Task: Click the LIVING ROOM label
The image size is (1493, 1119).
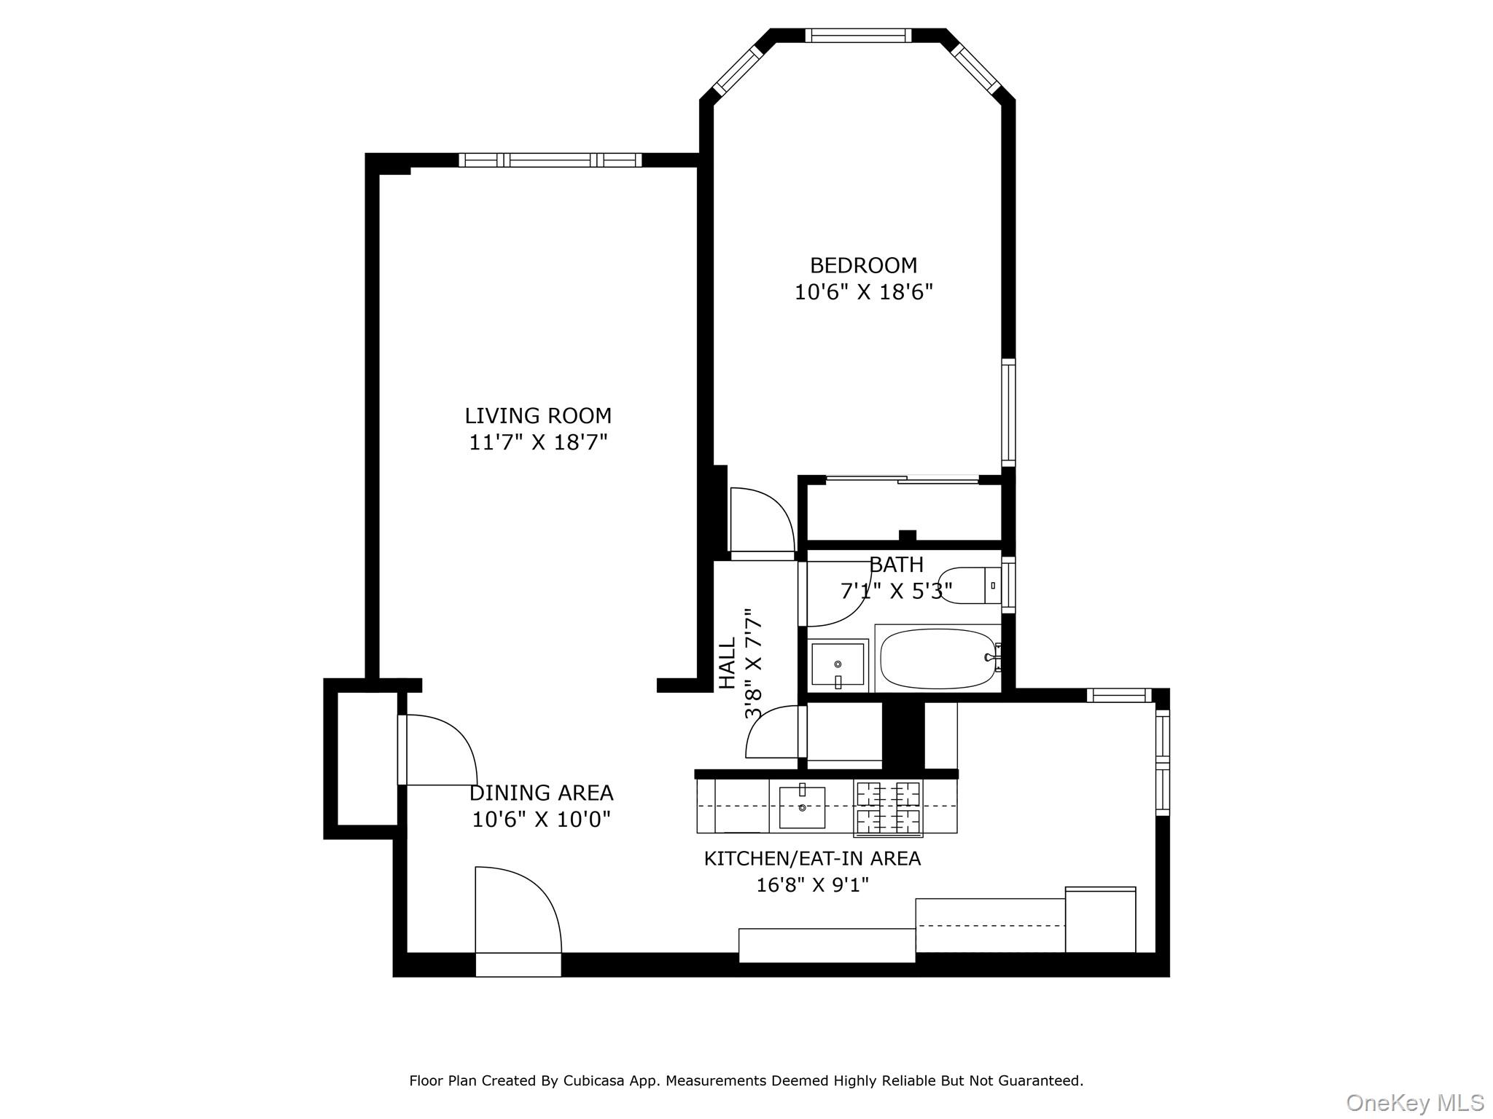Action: (538, 416)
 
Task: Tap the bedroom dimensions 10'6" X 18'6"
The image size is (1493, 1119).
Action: (863, 292)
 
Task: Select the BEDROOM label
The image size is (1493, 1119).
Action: (863, 265)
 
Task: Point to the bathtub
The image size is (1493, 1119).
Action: (937, 659)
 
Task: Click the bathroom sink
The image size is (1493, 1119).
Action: (838, 664)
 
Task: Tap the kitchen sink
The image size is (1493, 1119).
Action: (802, 807)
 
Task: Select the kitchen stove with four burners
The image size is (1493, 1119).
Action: (888, 808)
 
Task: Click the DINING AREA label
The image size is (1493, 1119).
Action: (541, 793)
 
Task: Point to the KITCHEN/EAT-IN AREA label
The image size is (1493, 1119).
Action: (812, 859)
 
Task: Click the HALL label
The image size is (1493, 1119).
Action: (728, 663)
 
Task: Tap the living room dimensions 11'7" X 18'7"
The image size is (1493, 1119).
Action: (538, 442)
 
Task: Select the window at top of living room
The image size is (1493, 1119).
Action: (550, 160)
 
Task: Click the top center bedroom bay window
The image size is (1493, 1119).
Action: (858, 35)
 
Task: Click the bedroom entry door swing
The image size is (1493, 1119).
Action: (762, 521)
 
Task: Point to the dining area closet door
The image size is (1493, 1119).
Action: (437, 750)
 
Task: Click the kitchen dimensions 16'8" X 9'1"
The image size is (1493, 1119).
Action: (812, 885)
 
